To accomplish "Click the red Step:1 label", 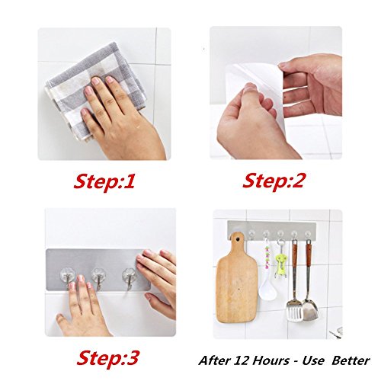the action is [x=104, y=181].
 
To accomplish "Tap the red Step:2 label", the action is [x=273, y=181].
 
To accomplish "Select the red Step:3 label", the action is [x=107, y=358].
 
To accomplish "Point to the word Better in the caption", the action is [x=351, y=360].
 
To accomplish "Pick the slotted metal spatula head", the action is [x=295, y=310].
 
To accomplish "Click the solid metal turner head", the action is [x=311, y=309].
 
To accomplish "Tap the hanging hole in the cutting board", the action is [x=238, y=239].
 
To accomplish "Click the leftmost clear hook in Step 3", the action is [x=68, y=278].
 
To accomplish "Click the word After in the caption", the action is [x=215, y=360].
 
